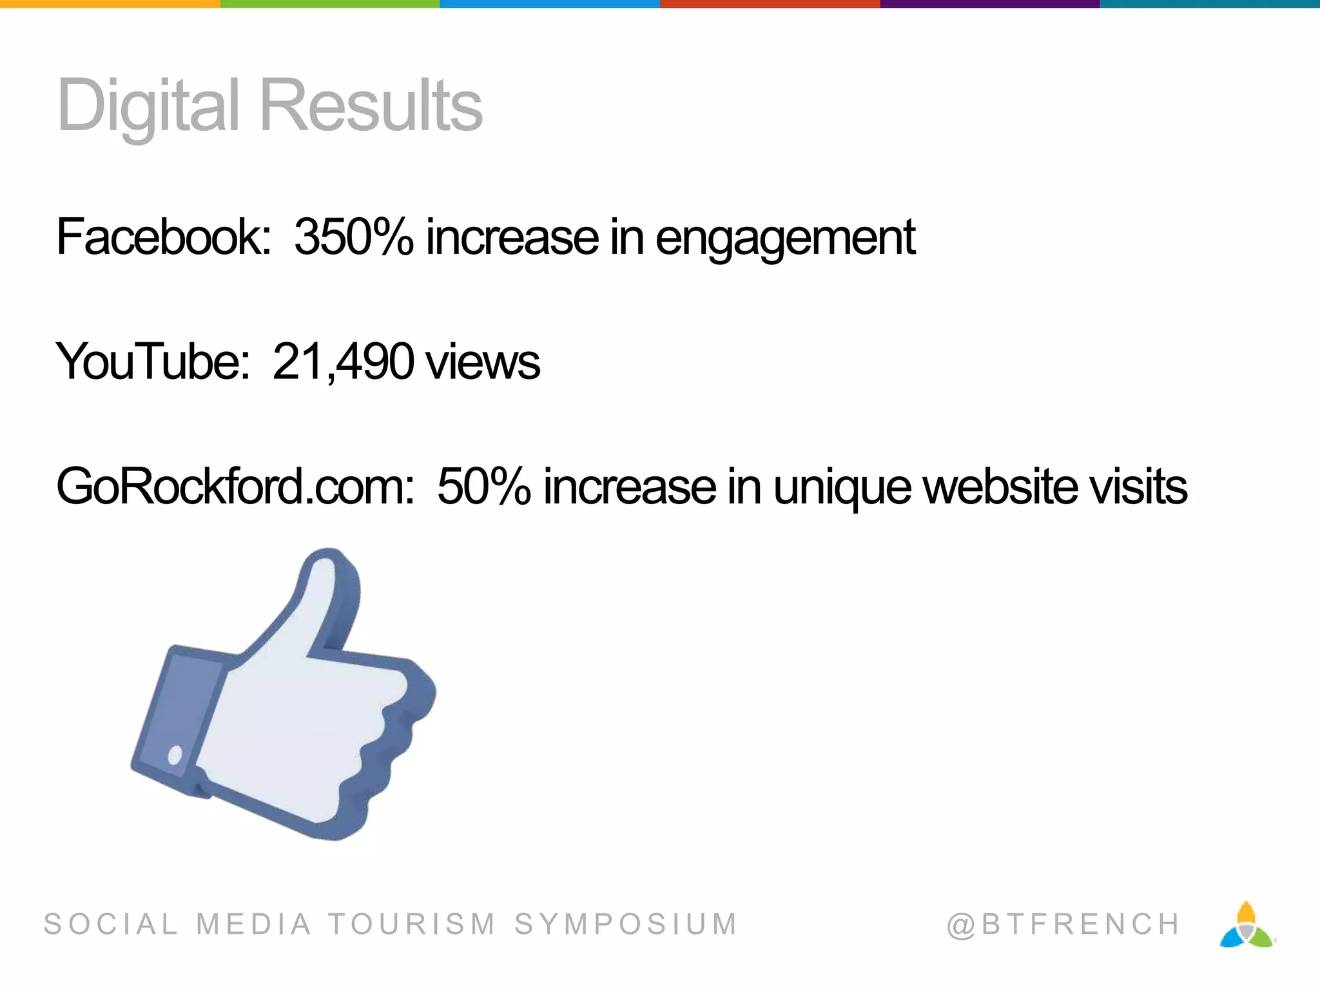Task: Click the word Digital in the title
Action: point(149,106)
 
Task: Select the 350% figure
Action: point(353,237)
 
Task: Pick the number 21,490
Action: point(343,362)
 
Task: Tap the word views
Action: point(483,362)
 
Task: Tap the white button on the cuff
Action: point(175,755)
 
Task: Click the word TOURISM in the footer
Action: point(412,924)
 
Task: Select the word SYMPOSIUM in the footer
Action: point(626,924)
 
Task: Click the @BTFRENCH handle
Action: point(1063,924)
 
